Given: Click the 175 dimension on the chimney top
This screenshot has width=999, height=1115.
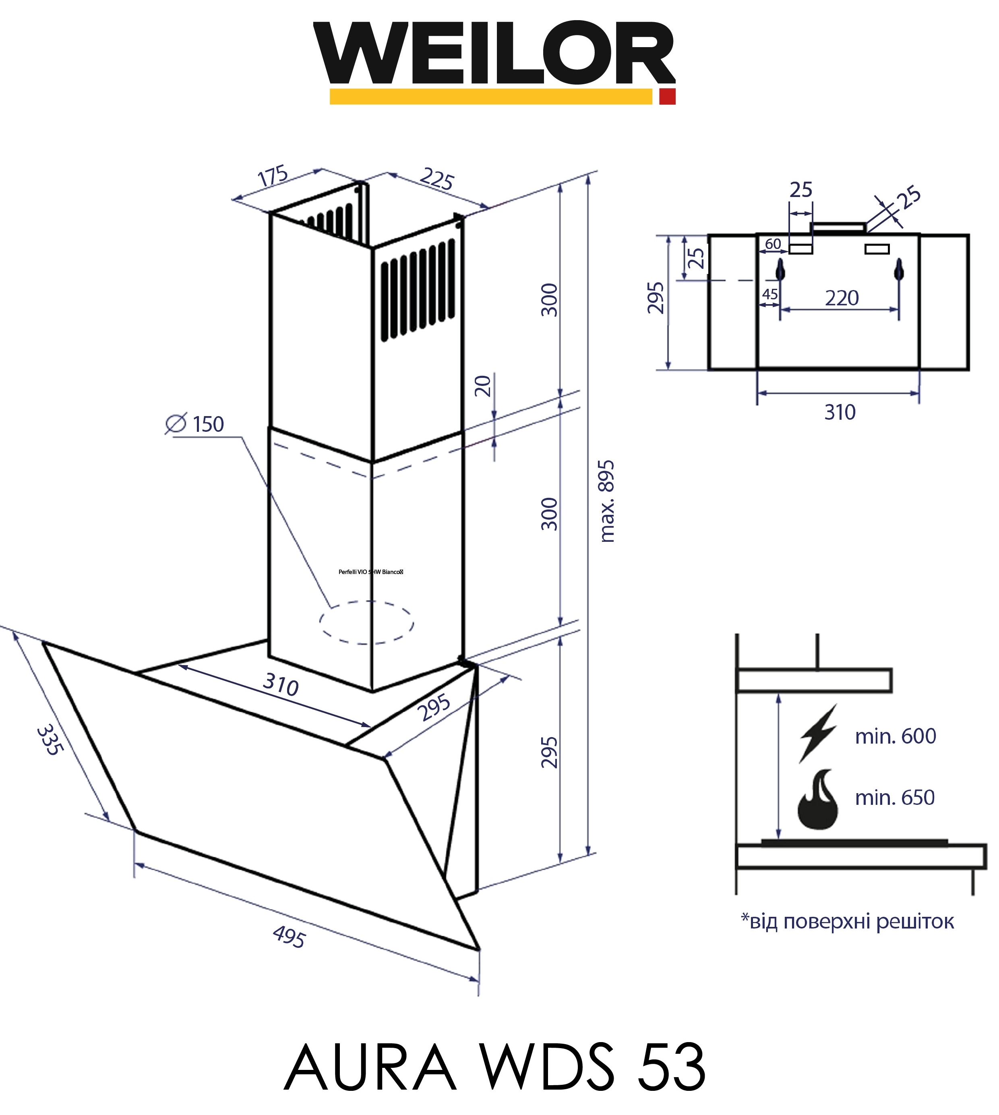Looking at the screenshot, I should [273, 176].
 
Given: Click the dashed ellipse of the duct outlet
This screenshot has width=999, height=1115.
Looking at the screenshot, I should [367, 623].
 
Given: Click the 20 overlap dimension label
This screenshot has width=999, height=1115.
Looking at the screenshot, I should [482, 386].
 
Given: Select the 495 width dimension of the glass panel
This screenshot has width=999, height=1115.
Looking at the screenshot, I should [289, 937].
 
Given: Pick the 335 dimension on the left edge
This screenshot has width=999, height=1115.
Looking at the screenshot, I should [50, 741].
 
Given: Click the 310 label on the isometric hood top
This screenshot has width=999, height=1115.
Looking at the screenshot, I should [281, 685].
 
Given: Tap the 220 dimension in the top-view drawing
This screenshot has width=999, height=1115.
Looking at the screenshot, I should [842, 298].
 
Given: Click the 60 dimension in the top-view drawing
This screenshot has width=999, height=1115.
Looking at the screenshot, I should [773, 243].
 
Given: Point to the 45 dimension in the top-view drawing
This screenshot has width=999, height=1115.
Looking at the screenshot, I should [769, 294].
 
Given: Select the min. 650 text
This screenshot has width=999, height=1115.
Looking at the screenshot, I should [895, 798].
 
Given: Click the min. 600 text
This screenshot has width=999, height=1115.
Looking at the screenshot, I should [895, 736].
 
